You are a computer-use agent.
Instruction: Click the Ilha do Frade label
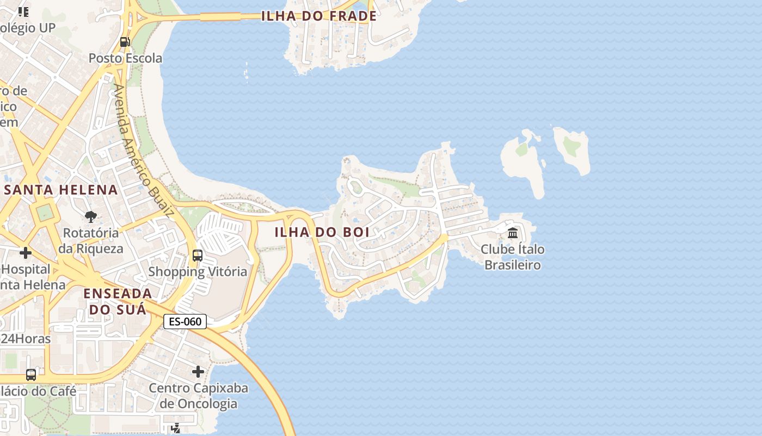(x=319, y=16)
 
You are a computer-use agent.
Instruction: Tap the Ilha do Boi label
(x=322, y=232)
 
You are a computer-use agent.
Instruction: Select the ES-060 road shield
(x=185, y=322)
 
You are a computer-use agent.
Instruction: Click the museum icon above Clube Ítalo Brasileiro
(x=513, y=233)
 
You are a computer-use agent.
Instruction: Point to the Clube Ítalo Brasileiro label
(x=513, y=257)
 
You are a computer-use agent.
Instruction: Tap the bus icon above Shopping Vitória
(x=198, y=256)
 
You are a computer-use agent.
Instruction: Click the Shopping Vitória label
(x=198, y=271)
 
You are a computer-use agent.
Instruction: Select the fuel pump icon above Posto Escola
(x=125, y=42)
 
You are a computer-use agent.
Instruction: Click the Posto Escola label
(x=125, y=58)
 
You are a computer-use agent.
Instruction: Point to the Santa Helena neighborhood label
(x=61, y=190)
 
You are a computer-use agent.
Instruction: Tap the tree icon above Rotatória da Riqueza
(x=91, y=217)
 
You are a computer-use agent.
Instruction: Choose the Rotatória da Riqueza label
(x=91, y=240)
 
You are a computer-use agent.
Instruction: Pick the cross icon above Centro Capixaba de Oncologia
(x=198, y=372)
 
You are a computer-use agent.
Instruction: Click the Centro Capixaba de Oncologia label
(x=199, y=396)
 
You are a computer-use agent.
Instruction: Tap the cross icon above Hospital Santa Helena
(x=25, y=253)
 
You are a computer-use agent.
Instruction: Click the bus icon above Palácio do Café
(x=31, y=375)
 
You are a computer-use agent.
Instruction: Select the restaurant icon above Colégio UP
(x=23, y=11)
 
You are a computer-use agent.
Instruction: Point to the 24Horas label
(x=26, y=338)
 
